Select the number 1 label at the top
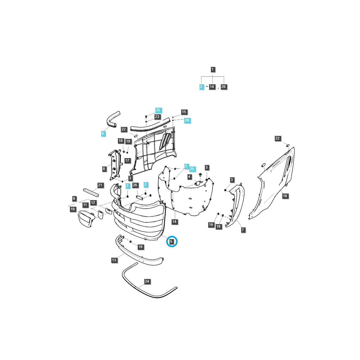pos(213,70)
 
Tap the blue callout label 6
pos(103,133)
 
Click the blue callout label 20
pos(187,120)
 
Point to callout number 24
pos(147,281)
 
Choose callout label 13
pos(114,260)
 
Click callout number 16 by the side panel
pos(285,196)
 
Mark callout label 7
pos(243,230)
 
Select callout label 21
pos(100,185)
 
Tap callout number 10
pos(73,209)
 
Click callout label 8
pos(104,169)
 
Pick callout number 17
pos(127,160)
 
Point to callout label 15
pos(184,112)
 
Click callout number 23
pos(157,117)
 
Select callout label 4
pos(189,177)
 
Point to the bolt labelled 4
pos(200,181)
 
